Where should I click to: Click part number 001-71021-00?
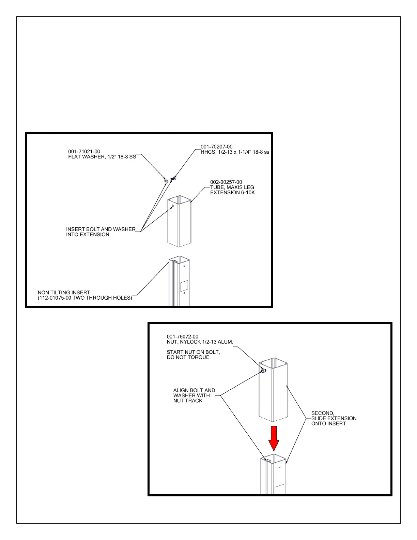[84, 151]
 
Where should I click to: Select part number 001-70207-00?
[216, 147]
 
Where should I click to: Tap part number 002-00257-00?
[226, 182]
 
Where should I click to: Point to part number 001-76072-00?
[182, 336]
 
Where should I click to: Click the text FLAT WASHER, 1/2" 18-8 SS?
[102, 157]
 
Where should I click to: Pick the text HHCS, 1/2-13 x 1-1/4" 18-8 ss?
[235, 152]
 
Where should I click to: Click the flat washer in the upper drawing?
[166, 180]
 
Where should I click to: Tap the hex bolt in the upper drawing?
[173, 178]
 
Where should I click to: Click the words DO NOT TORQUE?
[188, 357]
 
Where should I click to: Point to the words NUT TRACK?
[188, 401]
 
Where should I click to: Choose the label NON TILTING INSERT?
[64, 292]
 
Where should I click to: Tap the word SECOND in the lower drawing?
[323, 413]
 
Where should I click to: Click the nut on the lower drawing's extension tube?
[262, 371]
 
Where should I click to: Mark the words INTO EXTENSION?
[88, 235]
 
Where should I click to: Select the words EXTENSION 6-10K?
[232, 192]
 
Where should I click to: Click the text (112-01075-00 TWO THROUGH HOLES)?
[85, 298]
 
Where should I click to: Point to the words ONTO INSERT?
[328, 423]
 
